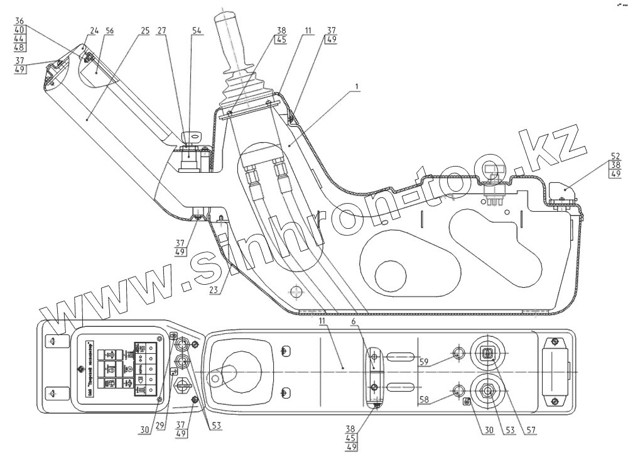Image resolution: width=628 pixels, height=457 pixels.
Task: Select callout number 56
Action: click(x=111, y=30)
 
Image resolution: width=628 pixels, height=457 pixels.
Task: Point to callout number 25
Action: click(x=146, y=30)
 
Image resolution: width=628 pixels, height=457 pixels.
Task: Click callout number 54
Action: click(x=197, y=30)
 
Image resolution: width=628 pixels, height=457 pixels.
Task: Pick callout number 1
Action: click(x=357, y=84)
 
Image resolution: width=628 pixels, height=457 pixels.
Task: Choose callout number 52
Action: click(x=615, y=155)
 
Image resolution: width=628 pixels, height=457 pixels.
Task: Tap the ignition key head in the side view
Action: click(x=190, y=135)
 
